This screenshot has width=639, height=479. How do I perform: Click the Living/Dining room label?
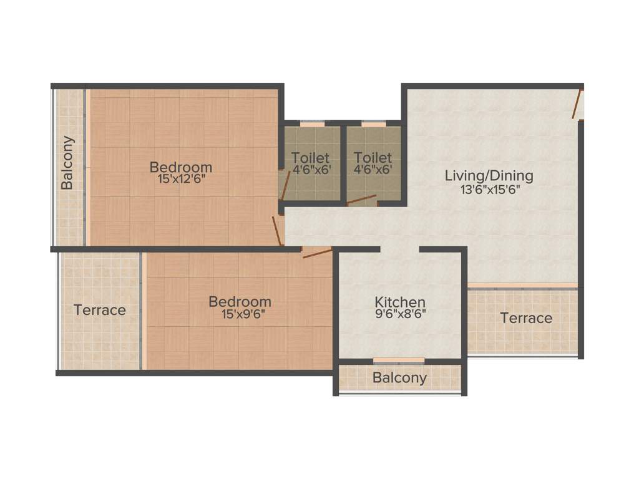(489, 175)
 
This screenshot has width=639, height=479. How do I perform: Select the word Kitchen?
(400, 302)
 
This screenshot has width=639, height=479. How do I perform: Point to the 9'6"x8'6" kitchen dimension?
(400, 315)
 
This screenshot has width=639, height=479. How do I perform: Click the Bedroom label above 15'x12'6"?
(181, 167)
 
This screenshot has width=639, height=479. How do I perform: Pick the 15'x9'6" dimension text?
(240, 314)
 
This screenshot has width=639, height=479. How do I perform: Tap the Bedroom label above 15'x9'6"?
(240, 302)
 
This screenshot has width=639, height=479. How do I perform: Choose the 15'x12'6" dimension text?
(181, 179)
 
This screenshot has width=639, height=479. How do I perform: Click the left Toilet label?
(311, 158)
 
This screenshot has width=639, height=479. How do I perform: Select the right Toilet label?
(373, 158)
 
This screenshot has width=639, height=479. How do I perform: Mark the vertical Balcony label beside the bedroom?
(67, 163)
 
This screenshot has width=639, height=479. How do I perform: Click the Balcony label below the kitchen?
(399, 377)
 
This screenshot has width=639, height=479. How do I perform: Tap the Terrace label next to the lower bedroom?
(100, 310)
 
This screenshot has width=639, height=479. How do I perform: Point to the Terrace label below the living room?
(526, 318)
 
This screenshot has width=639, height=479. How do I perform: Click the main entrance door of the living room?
(578, 104)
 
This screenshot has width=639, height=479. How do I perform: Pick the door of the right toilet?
(363, 200)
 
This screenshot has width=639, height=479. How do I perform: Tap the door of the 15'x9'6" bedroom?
(316, 252)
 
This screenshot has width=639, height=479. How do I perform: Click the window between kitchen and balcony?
(399, 360)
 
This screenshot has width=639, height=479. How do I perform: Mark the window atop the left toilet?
(312, 124)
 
